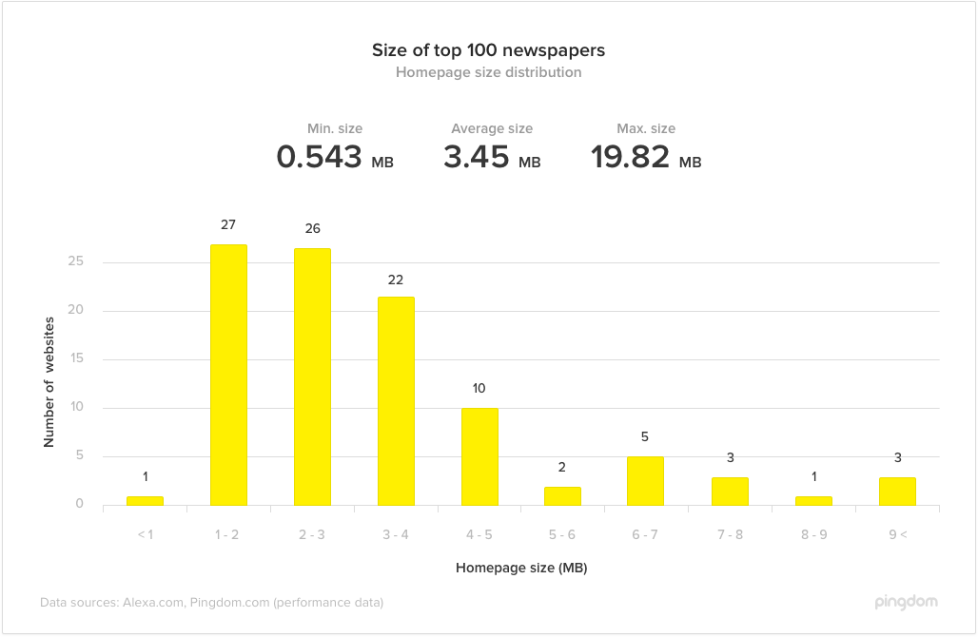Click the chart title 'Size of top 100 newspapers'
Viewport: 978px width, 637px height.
pyautogui.click(x=488, y=50)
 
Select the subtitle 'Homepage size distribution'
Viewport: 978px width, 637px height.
pyautogui.click(x=488, y=72)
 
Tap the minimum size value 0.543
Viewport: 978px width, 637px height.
pyautogui.click(x=320, y=157)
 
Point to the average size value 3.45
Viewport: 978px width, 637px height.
pyautogui.click(x=477, y=157)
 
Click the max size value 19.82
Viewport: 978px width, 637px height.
pyautogui.click(x=630, y=157)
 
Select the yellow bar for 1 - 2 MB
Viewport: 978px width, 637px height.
pyautogui.click(x=228, y=375)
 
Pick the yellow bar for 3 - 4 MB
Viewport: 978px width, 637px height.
pyautogui.click(x=396, y=400)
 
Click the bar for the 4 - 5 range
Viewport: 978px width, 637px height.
pyautogui.click(x=479, y=456)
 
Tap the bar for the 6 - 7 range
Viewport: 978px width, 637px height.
pyautogui.click(x=646, y=480)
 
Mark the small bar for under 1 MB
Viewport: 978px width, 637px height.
pyautogui.click(x=145, y=500)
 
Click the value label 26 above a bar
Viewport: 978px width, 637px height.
pyautogui.click(x=312, y=229)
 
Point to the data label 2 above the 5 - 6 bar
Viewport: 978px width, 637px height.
pyautogui.click(x=562, y=467)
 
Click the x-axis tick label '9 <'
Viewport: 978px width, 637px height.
pyautogui.click(x=897, y=534)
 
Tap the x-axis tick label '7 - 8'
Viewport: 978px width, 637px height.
pyautogui.click(x=730, y=534)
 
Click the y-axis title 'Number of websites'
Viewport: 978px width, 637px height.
pyautogui.click(x=49, y=383)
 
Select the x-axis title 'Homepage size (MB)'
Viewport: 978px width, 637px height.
pyautogui.click(x=520, y=569)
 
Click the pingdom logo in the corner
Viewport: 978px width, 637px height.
pyautogui.click(x=905, y=602)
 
